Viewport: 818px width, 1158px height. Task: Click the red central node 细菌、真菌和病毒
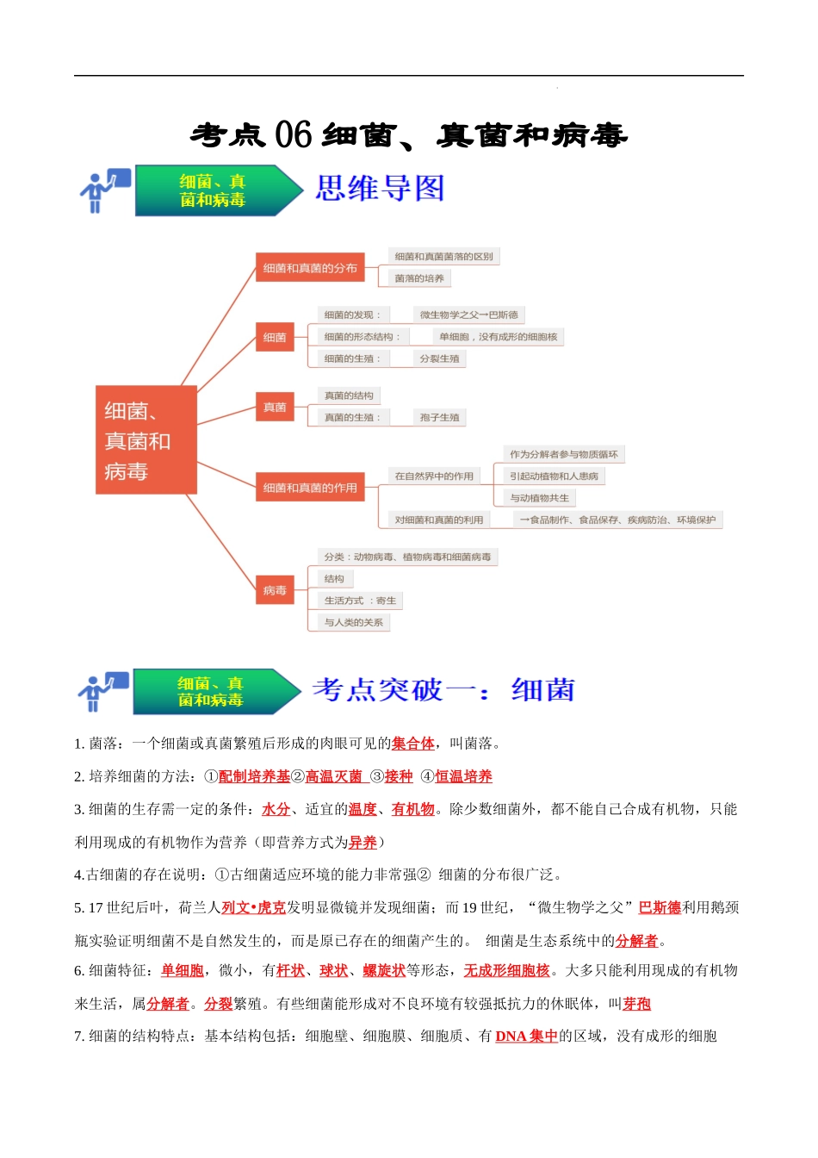(146, 440)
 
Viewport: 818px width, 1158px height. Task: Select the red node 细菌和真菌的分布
(310, 268)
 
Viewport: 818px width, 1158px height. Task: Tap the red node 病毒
(275, 590)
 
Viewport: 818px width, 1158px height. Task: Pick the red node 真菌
(275, 408)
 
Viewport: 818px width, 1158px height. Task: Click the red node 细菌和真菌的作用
(310, 488)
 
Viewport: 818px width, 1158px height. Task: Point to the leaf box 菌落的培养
(419, 278)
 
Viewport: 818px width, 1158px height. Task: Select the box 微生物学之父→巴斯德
(469, 315)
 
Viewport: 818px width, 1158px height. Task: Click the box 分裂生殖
(439, 358)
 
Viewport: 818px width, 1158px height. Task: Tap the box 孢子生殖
(439, 418)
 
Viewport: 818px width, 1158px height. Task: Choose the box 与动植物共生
(539, 498)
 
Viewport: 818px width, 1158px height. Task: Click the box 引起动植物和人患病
(554, 476)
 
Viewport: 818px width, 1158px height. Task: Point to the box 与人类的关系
(353, 622)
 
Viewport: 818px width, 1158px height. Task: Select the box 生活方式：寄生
(360, 601)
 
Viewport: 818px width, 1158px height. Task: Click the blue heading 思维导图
(380, 188)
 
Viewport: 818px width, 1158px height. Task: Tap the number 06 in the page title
(293, 135)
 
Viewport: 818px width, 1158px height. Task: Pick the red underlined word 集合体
(412, 744)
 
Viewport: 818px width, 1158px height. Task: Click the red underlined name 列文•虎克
(253, 907)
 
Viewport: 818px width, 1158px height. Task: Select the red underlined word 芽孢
(636, 1004)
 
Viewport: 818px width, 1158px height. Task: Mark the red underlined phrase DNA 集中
(526, 1036)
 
